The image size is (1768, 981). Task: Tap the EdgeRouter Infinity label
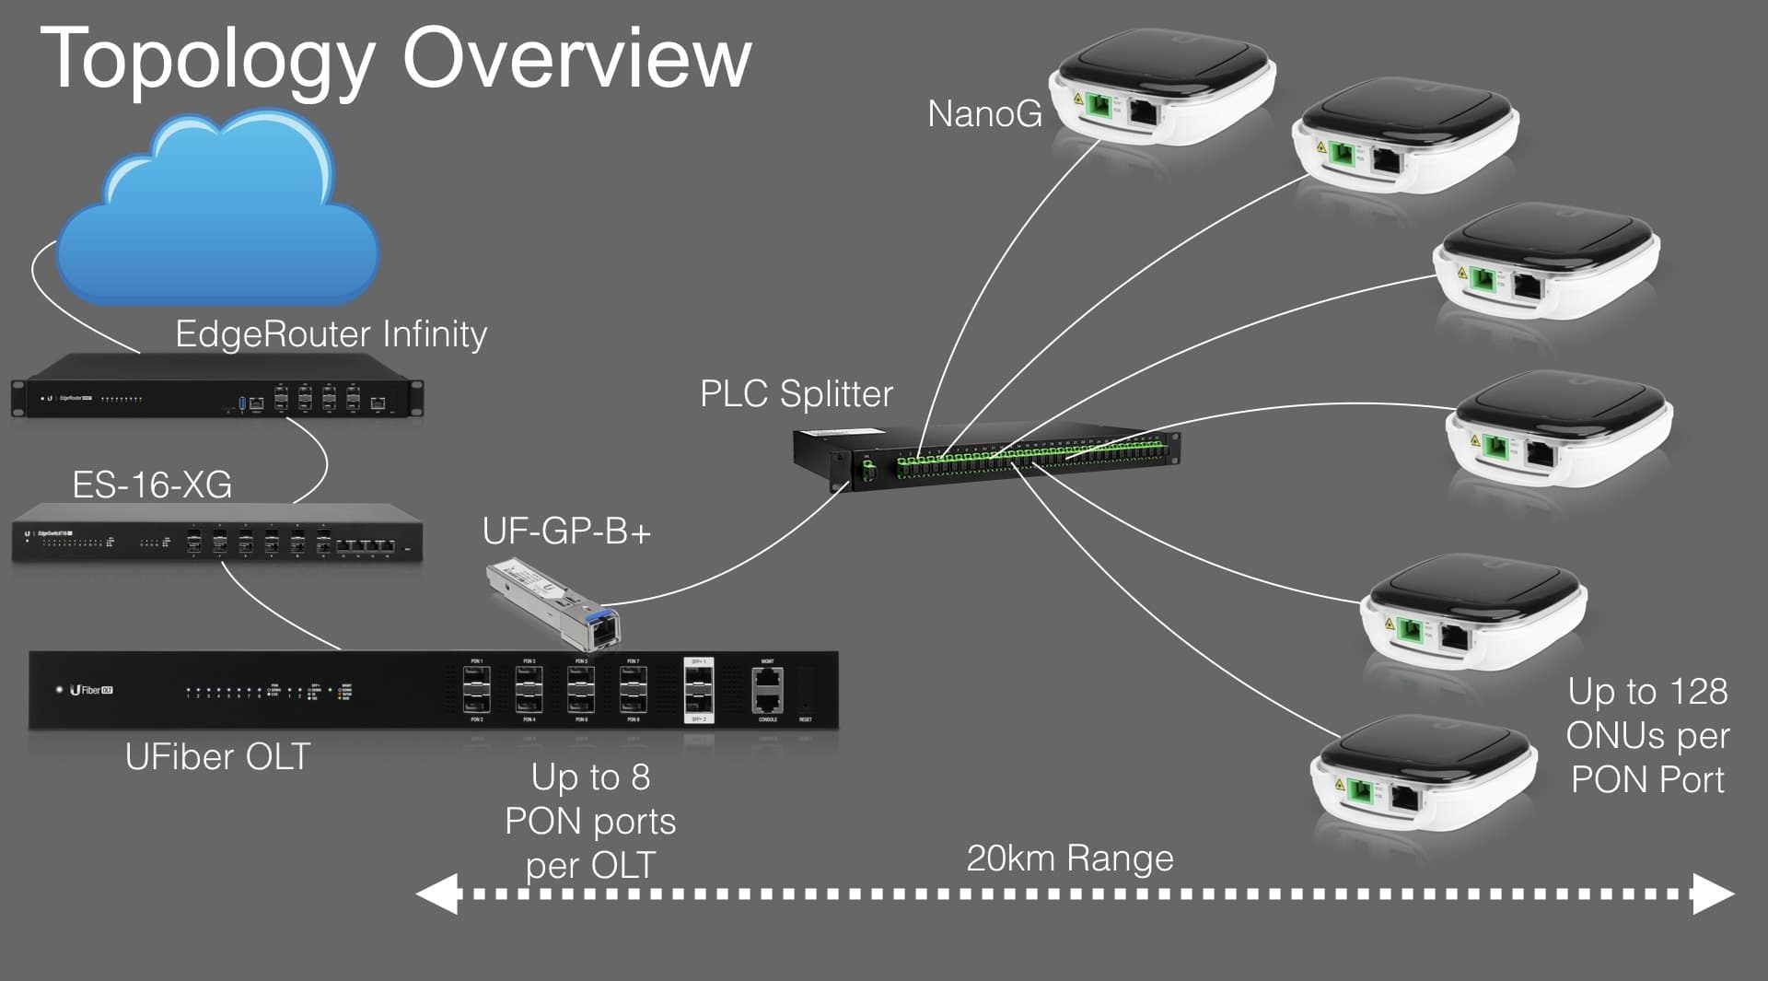coord(331,333)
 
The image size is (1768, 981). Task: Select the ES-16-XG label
coord(152,485)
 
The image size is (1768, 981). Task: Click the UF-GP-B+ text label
coord(566,531)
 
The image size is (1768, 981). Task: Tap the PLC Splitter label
coord(796,394)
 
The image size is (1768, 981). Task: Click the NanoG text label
coord(984,114)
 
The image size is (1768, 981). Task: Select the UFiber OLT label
coord(217,757)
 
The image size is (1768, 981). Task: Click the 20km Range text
coord(1069,858)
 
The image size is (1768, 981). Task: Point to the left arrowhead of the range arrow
coord(437,893)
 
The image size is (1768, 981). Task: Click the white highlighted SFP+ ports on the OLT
coord(698,691)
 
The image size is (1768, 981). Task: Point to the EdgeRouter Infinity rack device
coord(217,386)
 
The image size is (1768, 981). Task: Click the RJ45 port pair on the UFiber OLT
coord(768,691)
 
